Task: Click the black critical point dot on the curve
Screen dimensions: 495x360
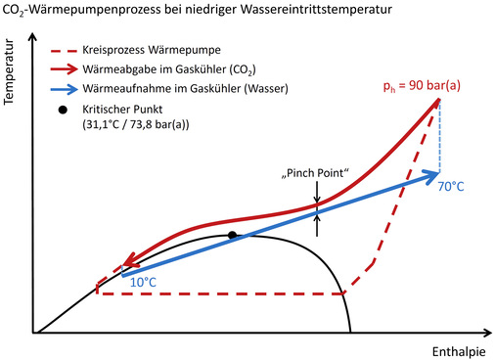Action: tap(232, 235)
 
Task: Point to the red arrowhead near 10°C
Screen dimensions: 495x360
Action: tap(122, 266)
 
